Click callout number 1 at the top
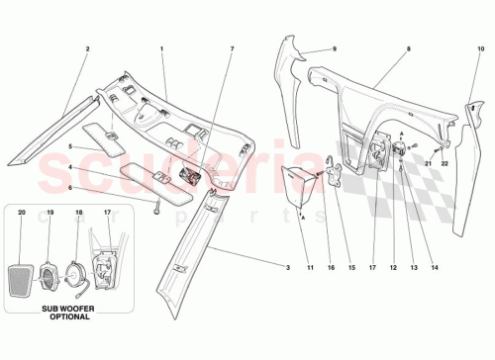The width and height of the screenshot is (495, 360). tap(161, 48)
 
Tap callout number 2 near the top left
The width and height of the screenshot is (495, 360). tap(87, 48)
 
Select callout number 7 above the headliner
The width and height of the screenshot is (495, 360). tap(232, 48)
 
